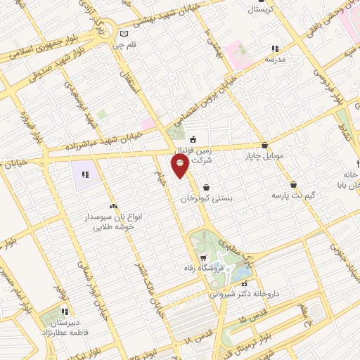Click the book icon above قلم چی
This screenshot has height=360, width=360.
pos(124,34)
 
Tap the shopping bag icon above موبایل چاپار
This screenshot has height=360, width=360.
pos(265,145)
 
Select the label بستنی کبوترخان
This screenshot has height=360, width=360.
pos(207,199)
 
